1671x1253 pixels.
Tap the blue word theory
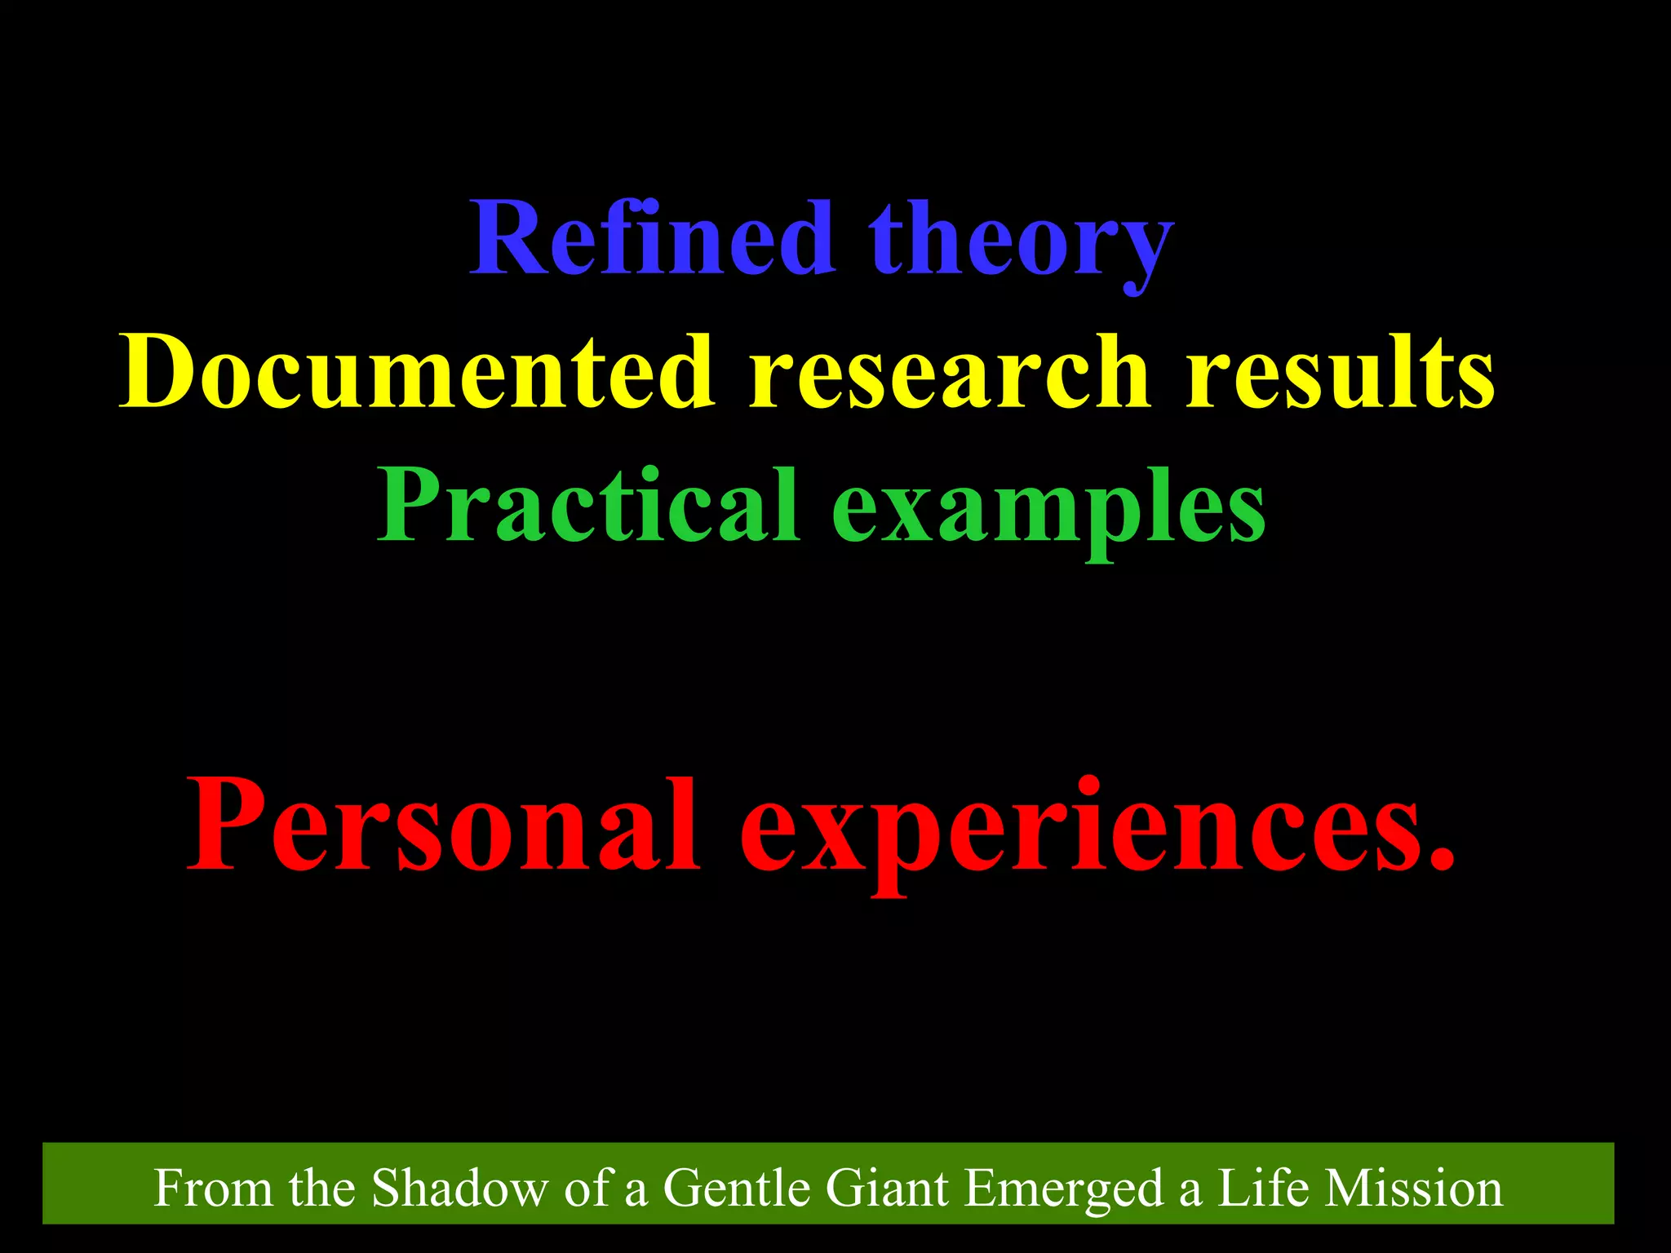1020,241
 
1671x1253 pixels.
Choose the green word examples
1048,510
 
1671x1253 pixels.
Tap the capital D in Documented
162,371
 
